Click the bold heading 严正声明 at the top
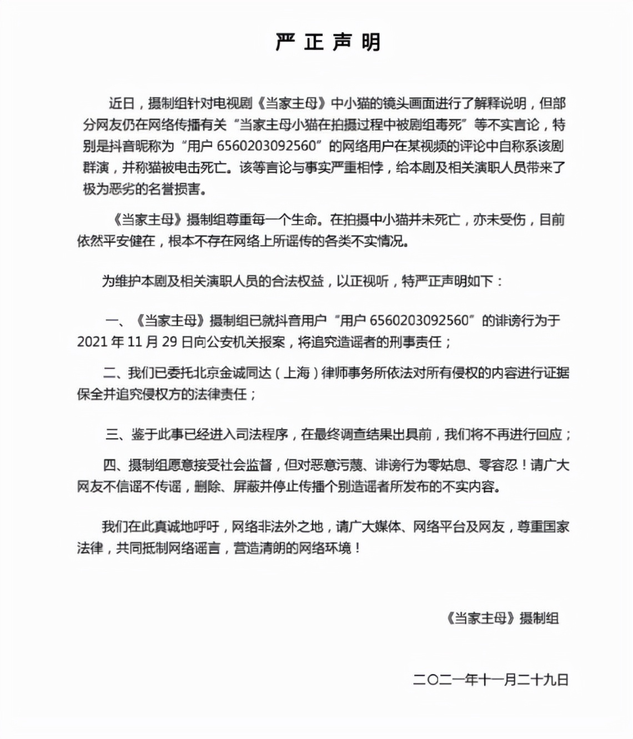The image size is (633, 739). pyautogui.click(x=328, y=42)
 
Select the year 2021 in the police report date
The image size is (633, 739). pyautogui.click(x=92, y=342)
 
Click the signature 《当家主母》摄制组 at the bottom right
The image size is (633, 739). pyautogui.click(x=502, y=618)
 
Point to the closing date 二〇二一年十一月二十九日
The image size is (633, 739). pyautogui.click(x=491, y=680)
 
